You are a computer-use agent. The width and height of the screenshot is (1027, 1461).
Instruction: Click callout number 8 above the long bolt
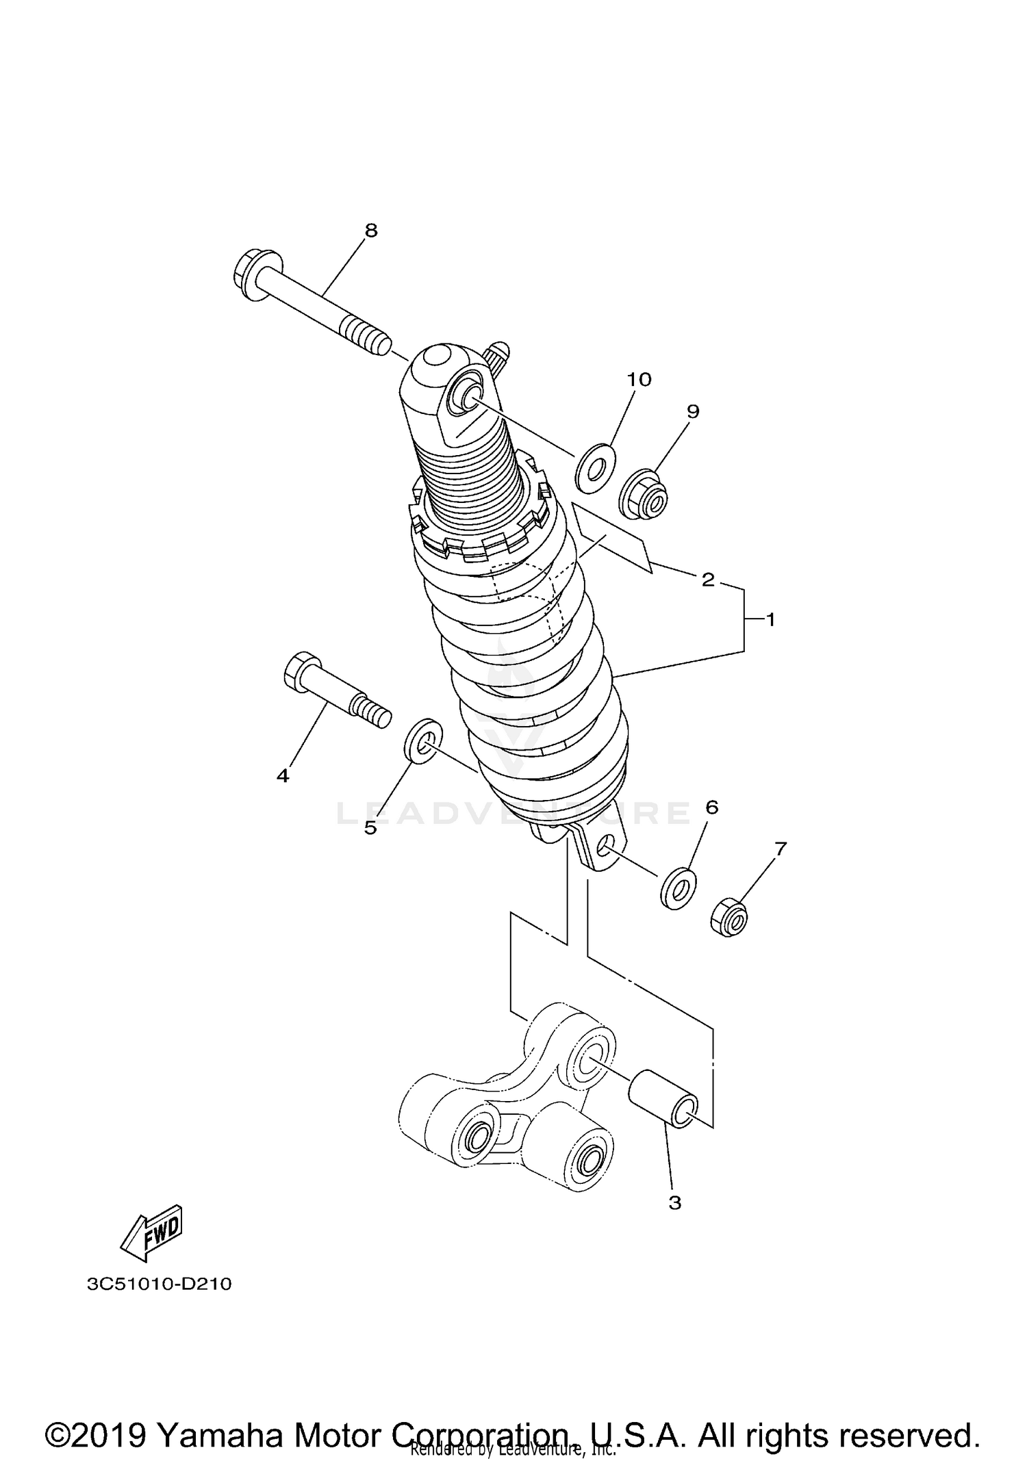pos(370,231)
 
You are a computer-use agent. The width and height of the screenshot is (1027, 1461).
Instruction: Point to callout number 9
pos(693,411)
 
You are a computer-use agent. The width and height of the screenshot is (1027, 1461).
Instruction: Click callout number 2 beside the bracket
pos(708,580)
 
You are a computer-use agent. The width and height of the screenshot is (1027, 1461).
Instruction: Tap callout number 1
pos(770,620)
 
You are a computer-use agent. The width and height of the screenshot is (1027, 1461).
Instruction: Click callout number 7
pos(781,849)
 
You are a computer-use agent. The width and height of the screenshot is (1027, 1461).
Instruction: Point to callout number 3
pos(674,1202)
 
